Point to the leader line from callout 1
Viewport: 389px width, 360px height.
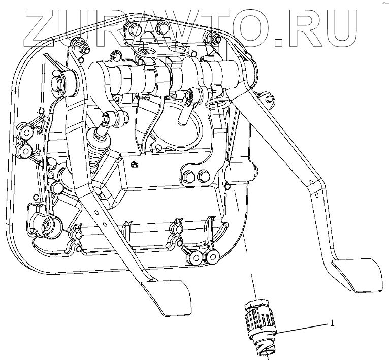point(305,328)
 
